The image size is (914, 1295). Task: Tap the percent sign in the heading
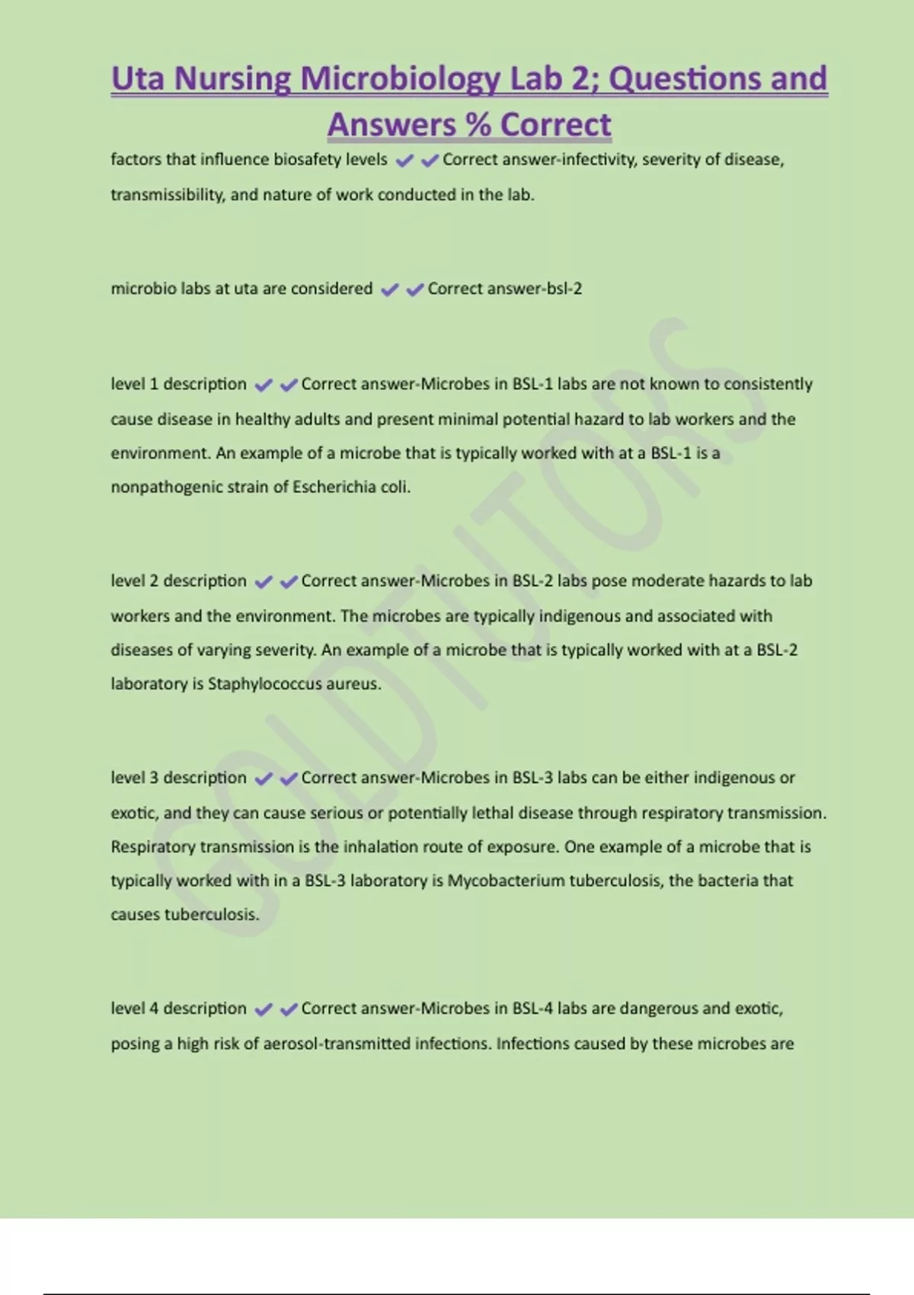(x=478, y=125)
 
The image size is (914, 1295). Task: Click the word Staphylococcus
(x=265, y=684)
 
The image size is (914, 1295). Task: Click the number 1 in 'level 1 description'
(x=154, y=384)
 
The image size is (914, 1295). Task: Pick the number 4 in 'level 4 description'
(x=154, y=1009)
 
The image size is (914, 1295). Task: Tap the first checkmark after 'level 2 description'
(x=264, y=582)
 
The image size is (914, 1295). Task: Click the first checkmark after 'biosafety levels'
(x=404, y=160)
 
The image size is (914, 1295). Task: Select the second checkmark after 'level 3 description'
(x=289, y=779)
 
